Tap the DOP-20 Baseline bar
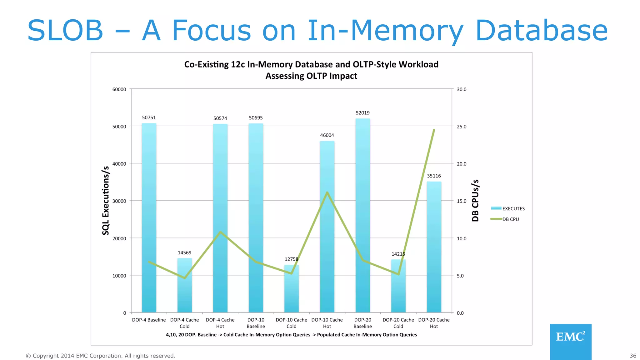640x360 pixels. [x=363, y=215]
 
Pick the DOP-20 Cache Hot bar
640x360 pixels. [x=434, y=247]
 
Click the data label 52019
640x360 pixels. [x=362, y=113]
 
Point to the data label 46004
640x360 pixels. [x=327, y=135]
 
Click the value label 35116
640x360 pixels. [x=434, y=176]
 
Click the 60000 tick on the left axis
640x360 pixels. [x=119, y=89]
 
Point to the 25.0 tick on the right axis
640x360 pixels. [x=462, y=127]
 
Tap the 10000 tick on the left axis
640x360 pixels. [x=119, y=276]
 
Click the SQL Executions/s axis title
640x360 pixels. [x=106, y=201]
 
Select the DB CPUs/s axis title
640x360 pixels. [x=475, y=201]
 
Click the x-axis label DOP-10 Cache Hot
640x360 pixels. [x=327, y=323]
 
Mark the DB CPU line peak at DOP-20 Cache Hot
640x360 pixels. [x=434, y=130]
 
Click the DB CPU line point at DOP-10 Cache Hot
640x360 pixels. [x=327, y=192]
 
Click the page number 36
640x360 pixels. [x=633, y=356]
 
